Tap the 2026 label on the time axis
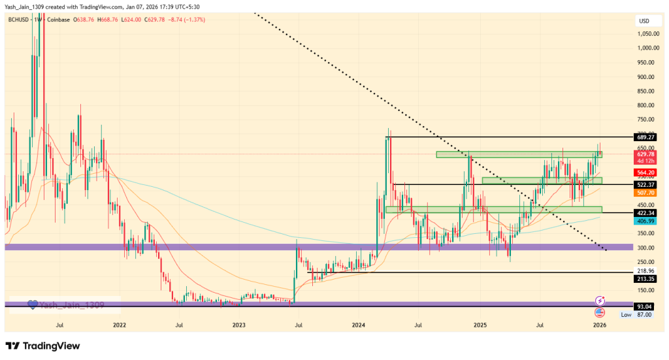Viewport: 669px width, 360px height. point(599,324)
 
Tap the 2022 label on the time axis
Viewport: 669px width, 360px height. point(119,324)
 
